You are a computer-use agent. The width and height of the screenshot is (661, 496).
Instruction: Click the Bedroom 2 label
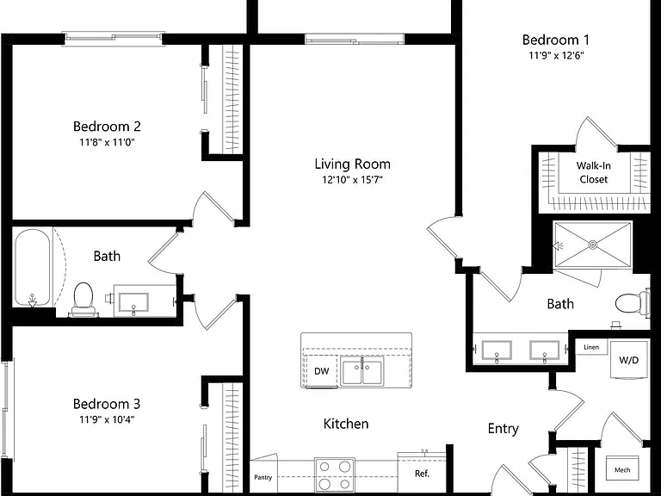tap(107, 126)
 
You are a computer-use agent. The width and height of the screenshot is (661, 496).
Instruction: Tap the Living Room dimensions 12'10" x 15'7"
tap(352, 180)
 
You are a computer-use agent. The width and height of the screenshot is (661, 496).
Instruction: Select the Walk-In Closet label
tap(594, 172)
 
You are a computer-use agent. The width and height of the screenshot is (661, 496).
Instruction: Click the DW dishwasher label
tap(322, 371)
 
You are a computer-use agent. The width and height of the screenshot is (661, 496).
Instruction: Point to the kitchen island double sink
tap(362, 372)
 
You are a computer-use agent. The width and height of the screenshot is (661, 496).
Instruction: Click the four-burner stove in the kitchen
tap(335, 474)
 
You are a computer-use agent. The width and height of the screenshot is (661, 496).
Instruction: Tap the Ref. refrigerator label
tap(422, 474)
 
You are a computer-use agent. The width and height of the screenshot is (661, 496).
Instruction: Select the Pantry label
tap(263, 477)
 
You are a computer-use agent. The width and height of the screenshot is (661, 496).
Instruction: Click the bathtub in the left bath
tap(33, 268)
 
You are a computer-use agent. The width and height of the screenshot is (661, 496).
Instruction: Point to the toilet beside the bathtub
tap(83, 300)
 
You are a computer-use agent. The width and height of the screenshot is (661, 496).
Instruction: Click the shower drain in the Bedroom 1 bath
tap(593, 245)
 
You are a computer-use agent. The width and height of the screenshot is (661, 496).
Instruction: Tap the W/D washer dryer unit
tap(628, 360)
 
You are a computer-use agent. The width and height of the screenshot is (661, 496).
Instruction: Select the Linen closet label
tap(591, 347)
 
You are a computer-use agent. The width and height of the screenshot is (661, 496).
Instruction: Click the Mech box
tap(622, 468)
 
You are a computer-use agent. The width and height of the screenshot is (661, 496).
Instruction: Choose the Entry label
tap(503, 429)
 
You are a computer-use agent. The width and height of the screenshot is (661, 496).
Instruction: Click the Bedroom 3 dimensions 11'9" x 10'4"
tap(107, 419)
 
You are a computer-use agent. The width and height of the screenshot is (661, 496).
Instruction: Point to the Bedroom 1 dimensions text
tap(557, 56)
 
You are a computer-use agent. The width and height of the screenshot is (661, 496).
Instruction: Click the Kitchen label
tap(346, 424)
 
